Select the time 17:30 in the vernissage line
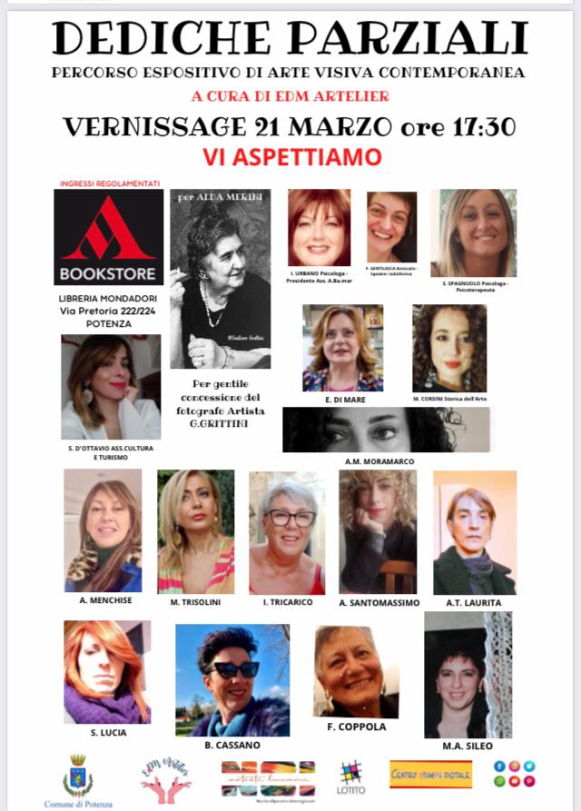(x=473, y=126)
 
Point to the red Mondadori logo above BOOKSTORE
(x=109, y=228)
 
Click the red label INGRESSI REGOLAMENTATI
(x=108, y=183)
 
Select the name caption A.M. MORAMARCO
(x=379, y=461)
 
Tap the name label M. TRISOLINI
(x=195, y=601)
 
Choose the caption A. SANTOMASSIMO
(x=379, y=602)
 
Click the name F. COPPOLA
(x=356, y=727)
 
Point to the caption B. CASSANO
(x=232, y=744)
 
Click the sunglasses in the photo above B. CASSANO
(x=234, y=670)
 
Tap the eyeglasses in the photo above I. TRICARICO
(x=290, y=519)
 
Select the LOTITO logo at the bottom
(x=351, y=777)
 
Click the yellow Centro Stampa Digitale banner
(x=430, y=775)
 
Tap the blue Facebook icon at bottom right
(x=499, y=766)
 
